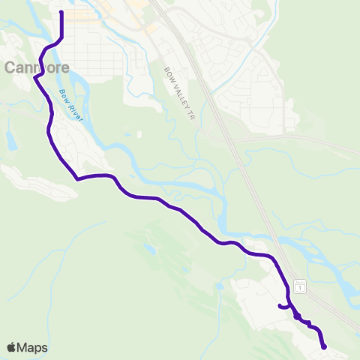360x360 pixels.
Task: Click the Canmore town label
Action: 37,67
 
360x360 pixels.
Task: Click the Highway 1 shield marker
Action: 299,286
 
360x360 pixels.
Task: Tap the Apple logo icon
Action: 12,347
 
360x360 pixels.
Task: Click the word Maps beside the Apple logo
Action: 33,348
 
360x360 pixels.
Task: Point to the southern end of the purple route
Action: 324,346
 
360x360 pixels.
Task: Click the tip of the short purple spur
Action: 279,305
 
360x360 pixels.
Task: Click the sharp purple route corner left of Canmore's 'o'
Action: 35,78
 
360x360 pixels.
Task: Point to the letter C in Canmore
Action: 10,67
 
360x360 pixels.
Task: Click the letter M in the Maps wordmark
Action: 24,348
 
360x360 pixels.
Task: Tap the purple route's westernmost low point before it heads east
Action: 77,178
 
